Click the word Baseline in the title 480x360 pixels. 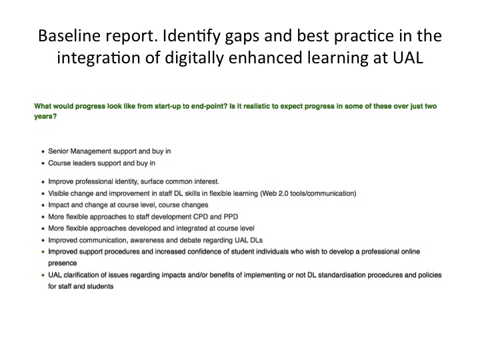point(69,35)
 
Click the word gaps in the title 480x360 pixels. point(242,37)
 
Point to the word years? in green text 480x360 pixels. point(45,117)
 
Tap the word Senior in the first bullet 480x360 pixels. point(58,151)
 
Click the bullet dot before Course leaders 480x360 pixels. point(43,163)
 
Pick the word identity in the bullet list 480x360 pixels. point(126,182)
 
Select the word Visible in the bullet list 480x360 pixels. point(58,193)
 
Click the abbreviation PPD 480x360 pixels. point(231,217)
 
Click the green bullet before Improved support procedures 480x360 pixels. point(43,252)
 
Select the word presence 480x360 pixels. point(63,263)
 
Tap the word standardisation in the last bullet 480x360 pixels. point(341,275)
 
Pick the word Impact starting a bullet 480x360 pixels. point(58,205)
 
